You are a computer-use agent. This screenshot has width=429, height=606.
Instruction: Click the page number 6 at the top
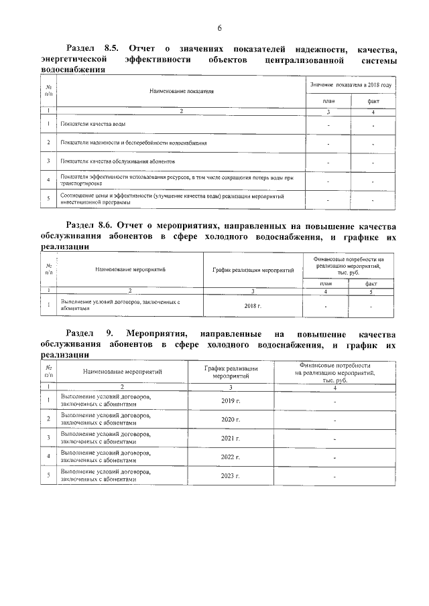pyautogui.click(x=219, y=27)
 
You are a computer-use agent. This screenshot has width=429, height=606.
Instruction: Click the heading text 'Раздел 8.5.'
pyautogui.click(x=93, y=50)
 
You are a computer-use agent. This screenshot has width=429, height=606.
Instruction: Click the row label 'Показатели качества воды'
pyautogui.click(x=93, y=125)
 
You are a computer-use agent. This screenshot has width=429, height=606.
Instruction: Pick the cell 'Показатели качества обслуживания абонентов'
pyautogui.click(x=118, y=162)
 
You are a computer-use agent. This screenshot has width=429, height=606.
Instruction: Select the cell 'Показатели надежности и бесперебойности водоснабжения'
pyautogui.click(x=133, y=143)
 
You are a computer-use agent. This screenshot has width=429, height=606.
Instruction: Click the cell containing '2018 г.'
pyautogui.click(x=253, y=305)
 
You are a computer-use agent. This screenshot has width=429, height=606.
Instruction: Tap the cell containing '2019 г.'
pyautogui.click(x=231, y=401)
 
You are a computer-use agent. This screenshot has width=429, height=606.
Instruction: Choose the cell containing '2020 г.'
pyautogui.click(x=231, y=420)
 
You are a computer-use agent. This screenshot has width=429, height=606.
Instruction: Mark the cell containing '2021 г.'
pyautogui.click(x=231, y=439)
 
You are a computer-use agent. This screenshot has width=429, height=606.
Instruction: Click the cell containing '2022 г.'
pyautogui.click(x=231, y=457)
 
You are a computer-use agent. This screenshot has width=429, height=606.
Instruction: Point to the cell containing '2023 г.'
pyautogui.click(x=231, y=476)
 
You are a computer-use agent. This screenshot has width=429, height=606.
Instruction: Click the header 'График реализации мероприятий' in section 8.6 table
pyautogui.click(x=253, y=270)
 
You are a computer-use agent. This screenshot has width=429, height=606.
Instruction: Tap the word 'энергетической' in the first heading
pyautogui.click(x=74, y=60)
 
